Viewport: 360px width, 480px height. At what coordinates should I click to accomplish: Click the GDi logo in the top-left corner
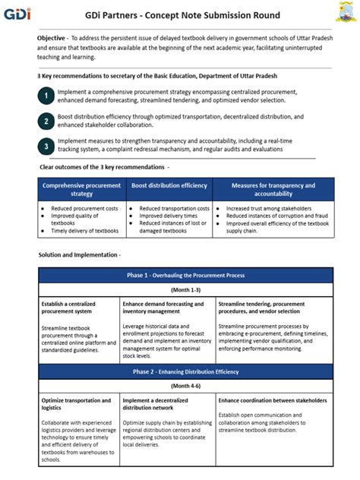pos(16,14)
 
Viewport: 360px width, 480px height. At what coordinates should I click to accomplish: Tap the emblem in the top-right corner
pos(344,13)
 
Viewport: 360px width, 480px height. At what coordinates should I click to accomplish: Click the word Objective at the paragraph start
pos(51,37)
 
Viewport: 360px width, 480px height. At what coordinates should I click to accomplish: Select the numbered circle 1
pos(46,96)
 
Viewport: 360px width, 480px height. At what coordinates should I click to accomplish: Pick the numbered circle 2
pos(46,120)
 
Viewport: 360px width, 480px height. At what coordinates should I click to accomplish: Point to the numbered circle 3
pos(46,145)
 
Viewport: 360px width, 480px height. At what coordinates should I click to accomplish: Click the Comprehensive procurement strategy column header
pos(81,189)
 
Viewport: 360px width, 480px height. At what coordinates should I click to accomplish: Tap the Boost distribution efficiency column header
pos(169,185)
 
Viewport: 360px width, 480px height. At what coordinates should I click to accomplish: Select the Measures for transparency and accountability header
pos(273,189)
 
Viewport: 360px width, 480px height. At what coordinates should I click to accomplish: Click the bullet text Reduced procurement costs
pos(85,208)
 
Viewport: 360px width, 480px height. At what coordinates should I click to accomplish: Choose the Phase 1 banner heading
pos(185,275)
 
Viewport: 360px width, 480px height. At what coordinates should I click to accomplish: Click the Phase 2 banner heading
pos(185,371)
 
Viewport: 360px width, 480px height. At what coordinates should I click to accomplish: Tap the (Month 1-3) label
pos(185,290)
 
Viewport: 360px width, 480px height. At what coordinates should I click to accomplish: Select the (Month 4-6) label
pos(185,386)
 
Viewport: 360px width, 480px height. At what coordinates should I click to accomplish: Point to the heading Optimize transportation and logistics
pos(76,403)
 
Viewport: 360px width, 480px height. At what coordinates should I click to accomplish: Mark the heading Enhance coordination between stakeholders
pos(273,399)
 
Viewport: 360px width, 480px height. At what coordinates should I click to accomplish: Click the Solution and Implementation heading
pos(79,254)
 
